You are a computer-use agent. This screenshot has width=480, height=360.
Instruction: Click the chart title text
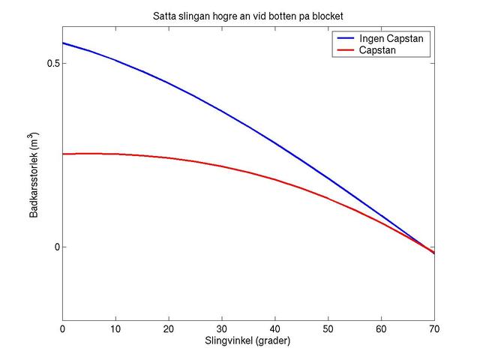tap(247, 16)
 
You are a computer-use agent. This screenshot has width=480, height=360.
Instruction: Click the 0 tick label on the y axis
tap(55, 247)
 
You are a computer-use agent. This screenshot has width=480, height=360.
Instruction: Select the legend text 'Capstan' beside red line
tap(378, 50)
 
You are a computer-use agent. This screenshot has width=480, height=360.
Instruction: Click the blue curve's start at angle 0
tap(62, 43)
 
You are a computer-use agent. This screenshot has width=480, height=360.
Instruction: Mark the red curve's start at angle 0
tap(62, 154)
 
